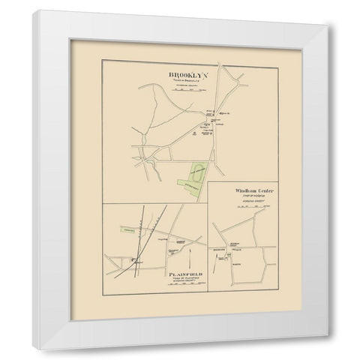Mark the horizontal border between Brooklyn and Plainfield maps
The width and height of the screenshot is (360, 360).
(157, 204)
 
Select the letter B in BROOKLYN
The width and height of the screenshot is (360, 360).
(155, 76)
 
